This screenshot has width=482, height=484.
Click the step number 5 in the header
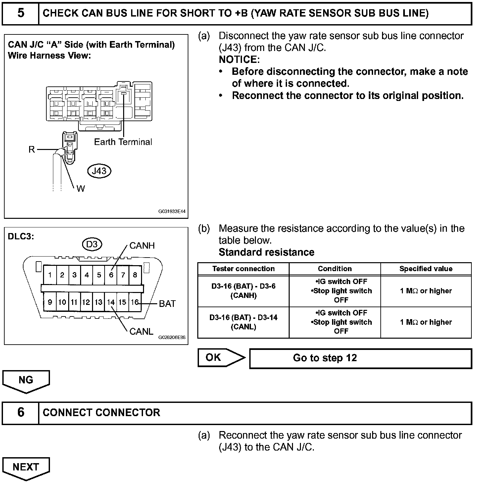(21, 13)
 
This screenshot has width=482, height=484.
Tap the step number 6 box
(21, 412)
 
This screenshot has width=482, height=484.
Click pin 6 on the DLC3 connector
(111, 275)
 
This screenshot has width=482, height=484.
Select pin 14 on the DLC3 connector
(111, 302)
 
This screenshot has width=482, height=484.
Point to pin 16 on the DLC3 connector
(135, 302)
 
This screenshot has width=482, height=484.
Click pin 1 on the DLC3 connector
(50, 275)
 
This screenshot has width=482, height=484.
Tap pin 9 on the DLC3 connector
(50, 302)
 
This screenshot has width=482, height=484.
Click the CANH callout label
(142, 246)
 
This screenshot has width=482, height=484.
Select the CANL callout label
(141, 331)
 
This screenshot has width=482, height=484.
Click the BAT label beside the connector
(167, 304)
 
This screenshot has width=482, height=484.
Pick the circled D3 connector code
(92, 244)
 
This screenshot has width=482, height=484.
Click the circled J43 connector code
(99, 171)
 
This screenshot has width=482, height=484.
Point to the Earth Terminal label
(123, 142)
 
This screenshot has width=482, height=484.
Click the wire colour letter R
(31, 150)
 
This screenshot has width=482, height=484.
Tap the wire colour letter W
(80, 189)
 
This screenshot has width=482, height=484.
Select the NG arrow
(26, 380)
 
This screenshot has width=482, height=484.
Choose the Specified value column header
(426, 269)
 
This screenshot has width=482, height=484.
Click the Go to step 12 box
(360, 358)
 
